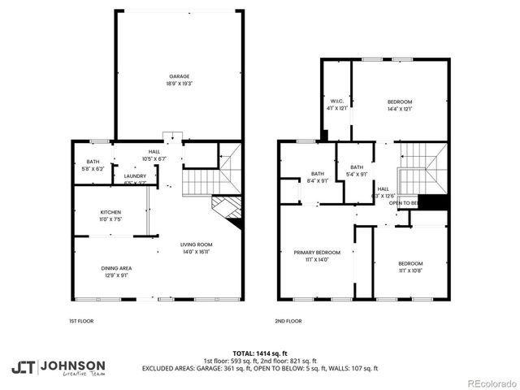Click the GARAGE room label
pos(180,76)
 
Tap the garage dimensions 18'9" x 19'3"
pos(180,84)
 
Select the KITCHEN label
pos(110,212)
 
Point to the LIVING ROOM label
pos(197,245)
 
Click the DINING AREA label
pos(115,268)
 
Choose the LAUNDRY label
pos(135,175)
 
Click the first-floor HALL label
pos(154,152)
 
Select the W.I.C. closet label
pos(336,102)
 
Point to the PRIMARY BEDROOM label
pos(317,253)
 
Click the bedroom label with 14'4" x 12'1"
pos(399,102)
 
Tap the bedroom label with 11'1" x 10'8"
pos(410,263)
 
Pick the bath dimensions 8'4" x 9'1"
pos(318,180)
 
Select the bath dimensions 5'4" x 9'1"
pos(357,173)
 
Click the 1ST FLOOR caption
pos(81,321)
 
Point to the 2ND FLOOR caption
pos(288,321)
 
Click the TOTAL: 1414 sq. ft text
pos(260,353)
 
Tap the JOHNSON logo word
pos(72,366)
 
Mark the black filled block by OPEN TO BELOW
pos(435,203)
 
